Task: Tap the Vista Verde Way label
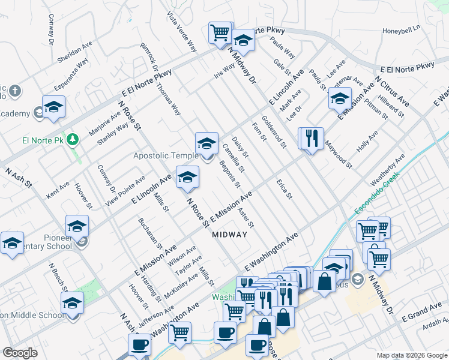(182, 32)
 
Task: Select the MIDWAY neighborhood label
(229, 235)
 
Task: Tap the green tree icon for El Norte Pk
(73, 140)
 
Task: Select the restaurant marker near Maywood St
(311, 139)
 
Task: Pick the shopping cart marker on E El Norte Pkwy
(220, 32)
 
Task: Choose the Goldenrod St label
(274, 131)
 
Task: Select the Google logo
(20, 352)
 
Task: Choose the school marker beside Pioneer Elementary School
(77, 227)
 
